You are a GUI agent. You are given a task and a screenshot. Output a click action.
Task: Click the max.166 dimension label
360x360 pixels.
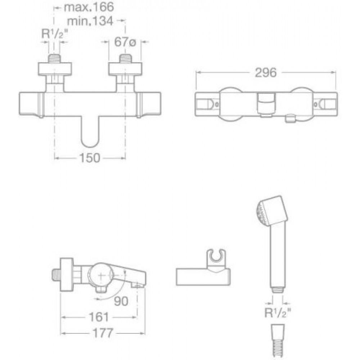point(89,7)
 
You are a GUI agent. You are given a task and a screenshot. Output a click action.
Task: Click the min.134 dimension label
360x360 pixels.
point(90,21)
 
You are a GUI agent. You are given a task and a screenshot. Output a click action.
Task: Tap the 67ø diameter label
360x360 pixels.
point(125,42)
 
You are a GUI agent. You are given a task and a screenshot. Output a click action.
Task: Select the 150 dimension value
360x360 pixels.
point(90,158)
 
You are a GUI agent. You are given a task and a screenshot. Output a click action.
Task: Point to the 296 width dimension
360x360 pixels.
point(266,73)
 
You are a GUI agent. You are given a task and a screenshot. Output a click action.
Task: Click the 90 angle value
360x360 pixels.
point(121,301)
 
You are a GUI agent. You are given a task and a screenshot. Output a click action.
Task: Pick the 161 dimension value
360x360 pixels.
point(99,317)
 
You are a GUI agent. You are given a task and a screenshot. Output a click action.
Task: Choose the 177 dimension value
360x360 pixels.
point(103,333)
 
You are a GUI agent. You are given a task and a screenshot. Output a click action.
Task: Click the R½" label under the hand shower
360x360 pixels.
point(278,312)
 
